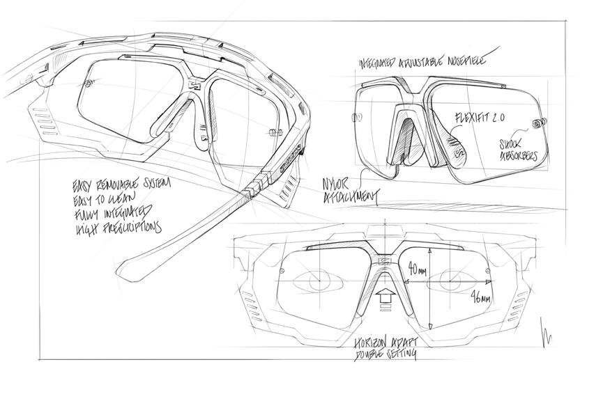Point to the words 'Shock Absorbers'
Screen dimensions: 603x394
[x=517, y=149]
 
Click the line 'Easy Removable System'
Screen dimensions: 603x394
[x=121, y=187]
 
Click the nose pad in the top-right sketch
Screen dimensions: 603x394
[x=402, y=136]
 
